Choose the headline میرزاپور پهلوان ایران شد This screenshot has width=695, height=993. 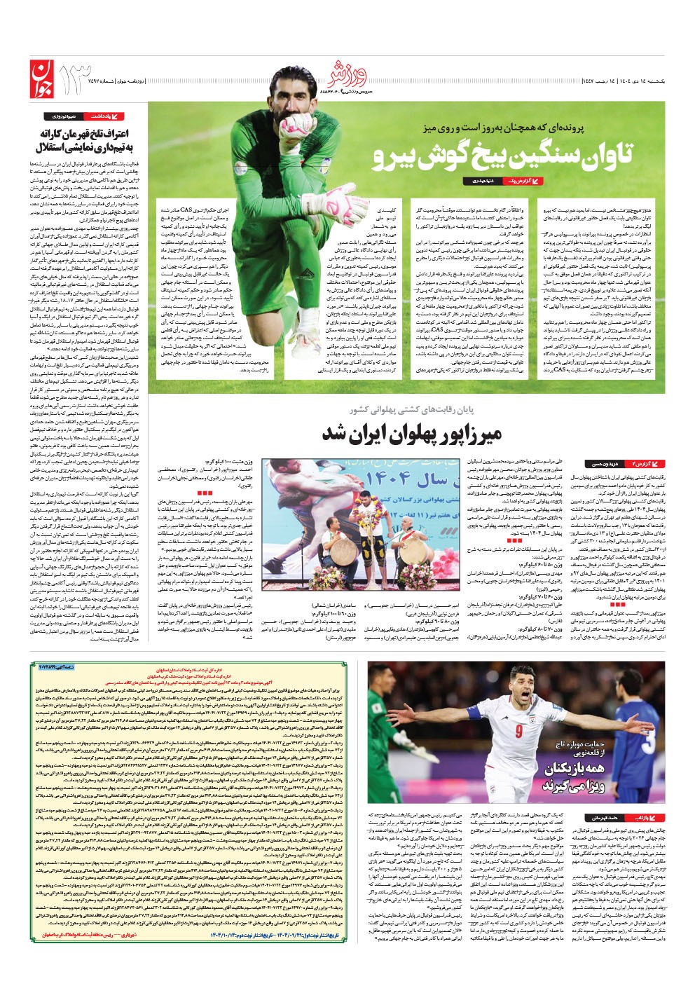(x=411, y=433)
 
